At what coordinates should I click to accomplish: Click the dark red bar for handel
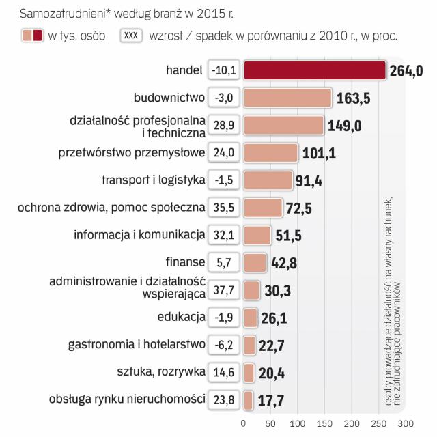pos(315,70)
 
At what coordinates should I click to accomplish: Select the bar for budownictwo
pos(287,98)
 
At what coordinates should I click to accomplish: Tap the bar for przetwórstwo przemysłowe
pos(270,153)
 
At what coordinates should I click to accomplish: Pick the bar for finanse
pos(255,263)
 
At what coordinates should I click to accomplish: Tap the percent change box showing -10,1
pos(224,70)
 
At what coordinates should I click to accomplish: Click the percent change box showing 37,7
pos(224,290)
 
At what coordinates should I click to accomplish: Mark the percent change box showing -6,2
pos(224,346)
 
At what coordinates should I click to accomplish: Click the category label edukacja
pos(181,318)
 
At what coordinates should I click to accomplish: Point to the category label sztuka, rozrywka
pos(162,373)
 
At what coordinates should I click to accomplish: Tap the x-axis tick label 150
pos(325,423)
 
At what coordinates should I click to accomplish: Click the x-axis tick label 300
pos(406,423)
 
